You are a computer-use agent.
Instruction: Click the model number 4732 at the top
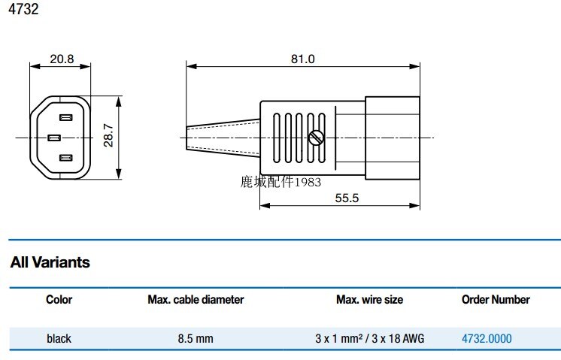pyautogui.click(x=22, y=11)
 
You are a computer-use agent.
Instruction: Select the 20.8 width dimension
pyautogui.click(x=61, y=59)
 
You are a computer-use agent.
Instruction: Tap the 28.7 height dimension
pyautogui.click(x=108, y=136)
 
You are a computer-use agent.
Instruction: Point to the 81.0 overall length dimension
pyautogui.click(x=302, y=59)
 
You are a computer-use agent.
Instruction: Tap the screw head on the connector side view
pyautogui.click(x=316, y=138)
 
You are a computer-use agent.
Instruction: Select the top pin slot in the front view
pyautogui.click(x=66, y=117)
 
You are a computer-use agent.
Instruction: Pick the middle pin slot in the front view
pyautogui.click(x=54, y=138)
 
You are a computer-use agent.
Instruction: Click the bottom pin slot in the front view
pyautogui.click(x=66, y=158)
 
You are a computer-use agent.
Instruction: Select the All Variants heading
pyautogui.click(x=50, y=262)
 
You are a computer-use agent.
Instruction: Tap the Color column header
pyautogui.click(x=59, y=299)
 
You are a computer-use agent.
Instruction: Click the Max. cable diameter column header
pyautogui.click(x=196, y=299)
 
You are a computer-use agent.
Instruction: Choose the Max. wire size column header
pyautogui.click(x=369, y=299)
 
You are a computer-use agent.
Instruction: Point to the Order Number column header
pyautogui.click(x=496, y=299)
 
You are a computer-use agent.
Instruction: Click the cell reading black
pyautogui.click(x=59, y=339)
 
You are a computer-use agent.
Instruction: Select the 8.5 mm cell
pyautogui.click(x=196, y=339)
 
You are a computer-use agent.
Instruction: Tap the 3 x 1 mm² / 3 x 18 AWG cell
pyautogui.click(x=369, y=339)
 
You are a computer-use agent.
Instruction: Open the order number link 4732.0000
pyautogui.click(x=487, y=339)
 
